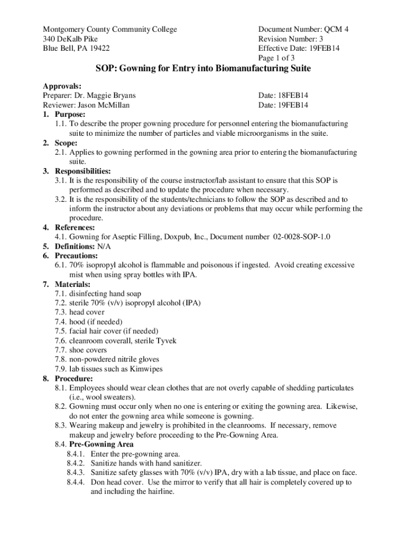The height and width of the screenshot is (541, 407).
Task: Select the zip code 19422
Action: pos(99,49)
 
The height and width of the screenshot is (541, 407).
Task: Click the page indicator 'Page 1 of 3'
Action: pos(280,58)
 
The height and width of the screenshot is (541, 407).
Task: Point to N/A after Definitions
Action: pos(104,247)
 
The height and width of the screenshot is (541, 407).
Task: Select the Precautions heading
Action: pos(76,256)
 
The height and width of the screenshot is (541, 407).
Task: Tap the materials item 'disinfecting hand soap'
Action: pos(105,294)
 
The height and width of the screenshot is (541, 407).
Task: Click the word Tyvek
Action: pos(166,341)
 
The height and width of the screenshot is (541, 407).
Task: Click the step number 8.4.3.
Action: pos(77,473)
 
